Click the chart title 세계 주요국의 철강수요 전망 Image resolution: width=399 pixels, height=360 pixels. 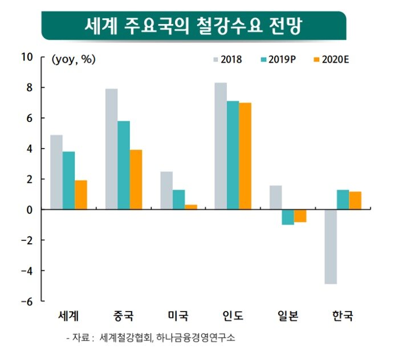click(x=193, y=26)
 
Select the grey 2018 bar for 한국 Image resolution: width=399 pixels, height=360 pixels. click(x=330, y=246)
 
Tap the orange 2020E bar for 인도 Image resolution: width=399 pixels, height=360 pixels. click(x=245, y=156)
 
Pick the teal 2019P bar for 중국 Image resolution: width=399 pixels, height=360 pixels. click(x=124, y=165)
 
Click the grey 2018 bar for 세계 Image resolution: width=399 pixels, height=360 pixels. click(x=56, y=172)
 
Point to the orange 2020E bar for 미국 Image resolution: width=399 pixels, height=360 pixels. click(x=190, y=207)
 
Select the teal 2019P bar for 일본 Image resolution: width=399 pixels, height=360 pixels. click(x=288, y=217)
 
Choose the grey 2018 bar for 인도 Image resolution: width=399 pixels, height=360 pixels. click(x=221, y=146)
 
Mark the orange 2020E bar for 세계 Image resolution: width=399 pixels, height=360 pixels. click(x=80, y=195)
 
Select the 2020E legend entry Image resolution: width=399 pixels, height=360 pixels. click(x=331, y=59)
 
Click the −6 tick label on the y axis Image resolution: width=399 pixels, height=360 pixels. click(x=27, y=301)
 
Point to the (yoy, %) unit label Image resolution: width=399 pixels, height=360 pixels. click(x=74, y=59)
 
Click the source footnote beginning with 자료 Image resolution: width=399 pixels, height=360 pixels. click(x=150, y=338)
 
